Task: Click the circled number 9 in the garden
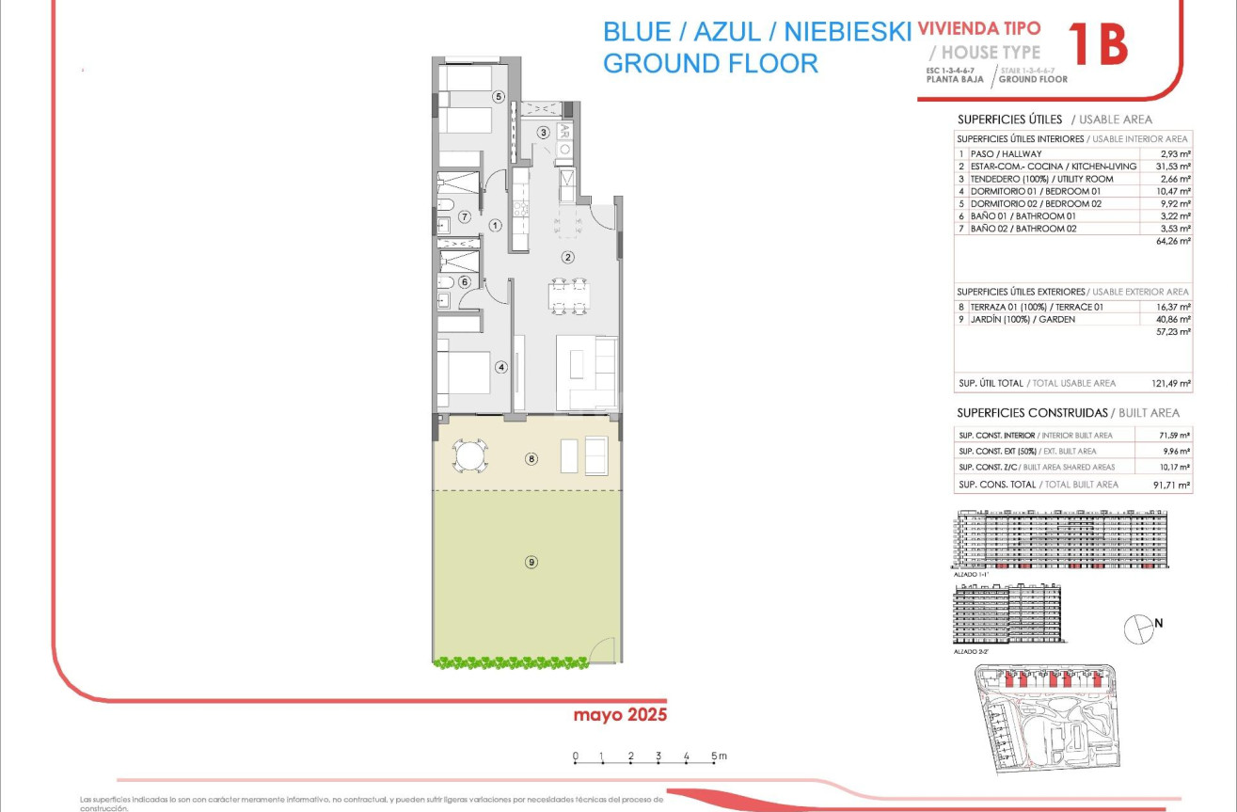531,562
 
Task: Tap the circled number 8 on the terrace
531,459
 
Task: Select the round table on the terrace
468,457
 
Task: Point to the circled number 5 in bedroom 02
499,96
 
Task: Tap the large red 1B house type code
1098,45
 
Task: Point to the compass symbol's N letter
1159,622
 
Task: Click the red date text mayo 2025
620,715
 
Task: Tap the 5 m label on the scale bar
719,756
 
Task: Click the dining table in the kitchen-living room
569,295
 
